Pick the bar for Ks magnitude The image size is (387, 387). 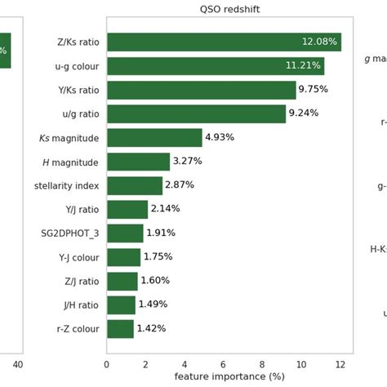pos(154,137)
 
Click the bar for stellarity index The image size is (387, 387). pos(135,185)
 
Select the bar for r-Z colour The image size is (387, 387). pos(120,328)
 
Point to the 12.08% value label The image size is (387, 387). pos(319,42)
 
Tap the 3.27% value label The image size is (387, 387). pos(188,162)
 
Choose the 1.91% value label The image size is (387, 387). pos(161,234)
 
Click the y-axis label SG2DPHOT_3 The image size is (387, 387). pos(70,234)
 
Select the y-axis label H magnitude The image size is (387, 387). pos(70,162)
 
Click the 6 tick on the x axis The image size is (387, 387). pos(224,364)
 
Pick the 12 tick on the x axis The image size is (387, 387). pos(340,364)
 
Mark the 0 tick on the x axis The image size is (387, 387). pos(107,364)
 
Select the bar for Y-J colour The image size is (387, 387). pos(124,257)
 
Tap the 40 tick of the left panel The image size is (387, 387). pos(18,364)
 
